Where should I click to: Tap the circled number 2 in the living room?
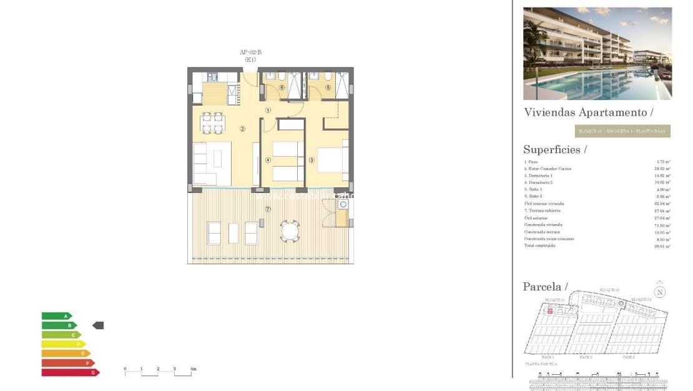pos(242,129)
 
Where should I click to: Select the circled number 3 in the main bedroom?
pos(311,160)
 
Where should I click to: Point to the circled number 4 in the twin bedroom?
pos(268,160)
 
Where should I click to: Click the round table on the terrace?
pos(290,231)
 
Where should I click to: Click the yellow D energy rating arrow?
pos(63,344)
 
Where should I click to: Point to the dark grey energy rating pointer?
pos(98,325)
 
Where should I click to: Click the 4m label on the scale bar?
pos(193,369)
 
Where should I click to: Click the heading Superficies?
pos(555,150)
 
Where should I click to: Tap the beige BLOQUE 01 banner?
pos(622,131)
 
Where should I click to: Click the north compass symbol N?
pos(659,292)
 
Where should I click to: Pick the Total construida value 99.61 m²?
pos(663,246)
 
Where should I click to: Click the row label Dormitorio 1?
pos(539,176)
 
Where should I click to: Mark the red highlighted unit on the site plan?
pos(551,310)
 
